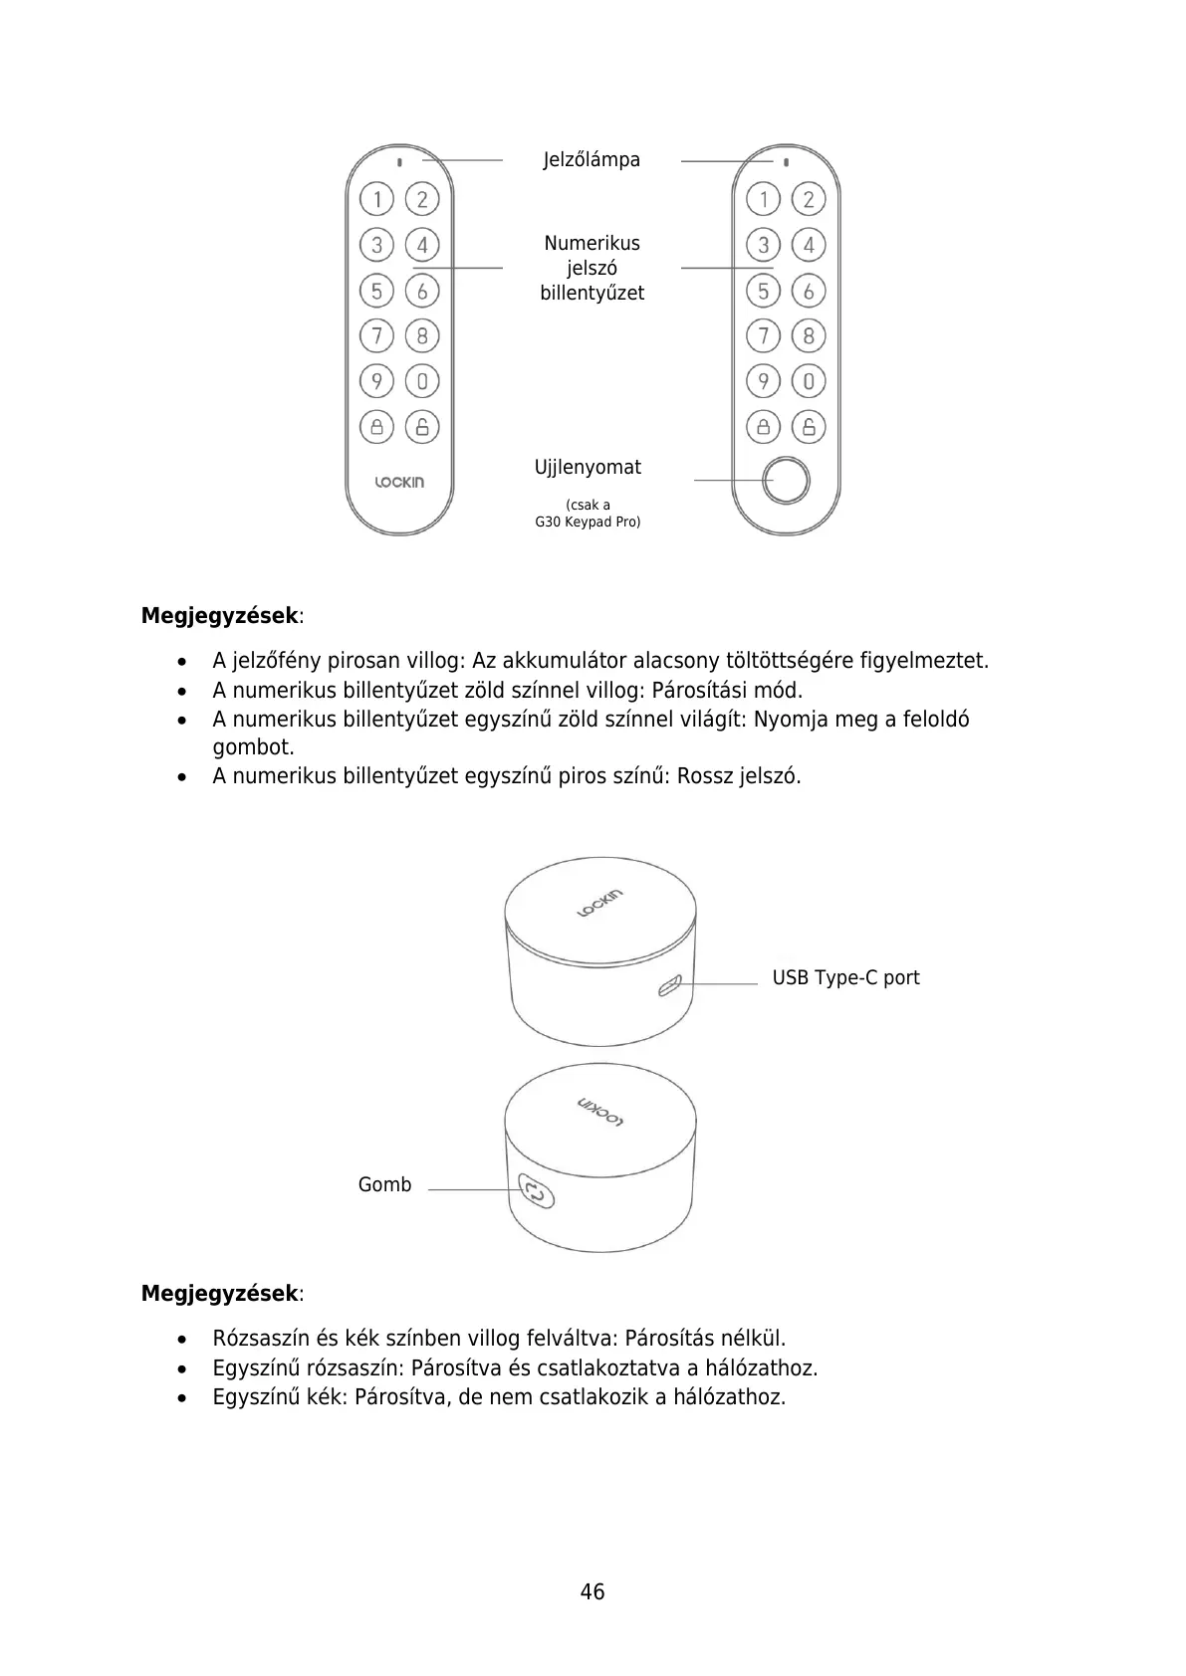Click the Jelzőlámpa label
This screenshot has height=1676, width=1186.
(x=592, y=160)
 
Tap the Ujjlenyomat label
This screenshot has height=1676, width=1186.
(x=588, y=468)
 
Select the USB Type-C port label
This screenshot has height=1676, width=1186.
(x=845, y=978)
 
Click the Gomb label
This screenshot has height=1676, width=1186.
(x=384, y=1185)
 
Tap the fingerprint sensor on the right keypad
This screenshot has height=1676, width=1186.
(x=787, y=481)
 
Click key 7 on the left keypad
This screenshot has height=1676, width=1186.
(x=376, y=335)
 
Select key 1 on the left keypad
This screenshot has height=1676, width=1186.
(x=376, y=200)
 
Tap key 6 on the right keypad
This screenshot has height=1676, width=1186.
(x=809, y=291)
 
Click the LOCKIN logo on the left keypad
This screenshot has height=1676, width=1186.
(x=399, y=483)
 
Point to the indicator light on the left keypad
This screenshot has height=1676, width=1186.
(x=399, y=161)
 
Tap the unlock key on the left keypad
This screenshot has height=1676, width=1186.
(x=422, y=427)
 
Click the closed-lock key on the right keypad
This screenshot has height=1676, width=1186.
(x=763, y=427)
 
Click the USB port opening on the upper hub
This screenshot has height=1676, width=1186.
(x=668, y=986)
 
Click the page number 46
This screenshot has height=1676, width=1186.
(x=593, y=1592)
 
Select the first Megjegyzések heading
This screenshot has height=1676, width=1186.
(x=220, y=616)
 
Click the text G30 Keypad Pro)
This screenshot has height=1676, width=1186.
(x=588, y=523)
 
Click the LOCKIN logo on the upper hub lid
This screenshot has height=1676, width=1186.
(x=600, y=902)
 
